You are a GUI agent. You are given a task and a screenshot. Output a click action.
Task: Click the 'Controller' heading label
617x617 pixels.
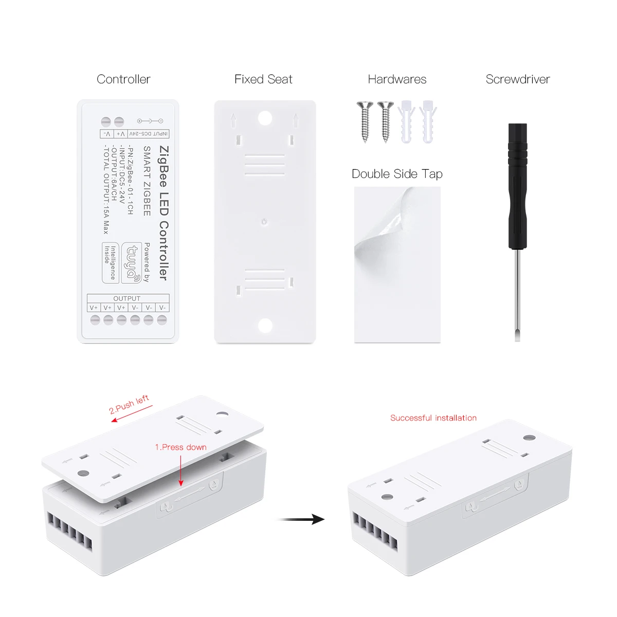[123, 79]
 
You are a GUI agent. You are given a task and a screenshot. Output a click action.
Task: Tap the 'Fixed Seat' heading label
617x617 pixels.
[263, 79]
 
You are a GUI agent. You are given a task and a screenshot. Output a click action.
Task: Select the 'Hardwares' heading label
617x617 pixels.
[397, 79]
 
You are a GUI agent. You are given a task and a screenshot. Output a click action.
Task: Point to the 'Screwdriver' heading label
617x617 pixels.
[518, 79]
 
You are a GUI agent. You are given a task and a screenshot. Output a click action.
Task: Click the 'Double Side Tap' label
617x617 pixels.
[397, 174]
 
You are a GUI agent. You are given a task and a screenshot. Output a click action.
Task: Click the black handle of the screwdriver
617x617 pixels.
[517, 185]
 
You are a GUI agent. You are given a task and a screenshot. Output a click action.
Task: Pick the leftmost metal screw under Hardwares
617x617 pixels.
[365, 121]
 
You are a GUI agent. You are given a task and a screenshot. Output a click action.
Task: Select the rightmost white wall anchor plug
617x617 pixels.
[428, 121]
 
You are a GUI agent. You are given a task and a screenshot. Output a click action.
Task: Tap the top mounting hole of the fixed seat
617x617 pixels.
[265, 118]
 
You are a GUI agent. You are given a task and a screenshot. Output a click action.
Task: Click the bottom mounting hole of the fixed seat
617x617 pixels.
[265, 325]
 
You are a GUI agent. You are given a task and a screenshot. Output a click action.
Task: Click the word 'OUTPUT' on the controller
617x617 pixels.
[127, 298]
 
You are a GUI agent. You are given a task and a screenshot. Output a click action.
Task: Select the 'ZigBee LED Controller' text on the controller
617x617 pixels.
[164, 213]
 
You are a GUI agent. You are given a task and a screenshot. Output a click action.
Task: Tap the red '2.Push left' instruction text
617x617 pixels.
[129, 404]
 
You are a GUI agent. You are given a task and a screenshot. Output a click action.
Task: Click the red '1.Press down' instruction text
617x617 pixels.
[180, 447]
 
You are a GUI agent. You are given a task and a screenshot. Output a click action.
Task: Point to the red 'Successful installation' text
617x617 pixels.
[433, 418]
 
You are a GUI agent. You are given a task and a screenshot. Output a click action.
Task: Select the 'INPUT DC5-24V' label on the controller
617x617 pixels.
[148, 134]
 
